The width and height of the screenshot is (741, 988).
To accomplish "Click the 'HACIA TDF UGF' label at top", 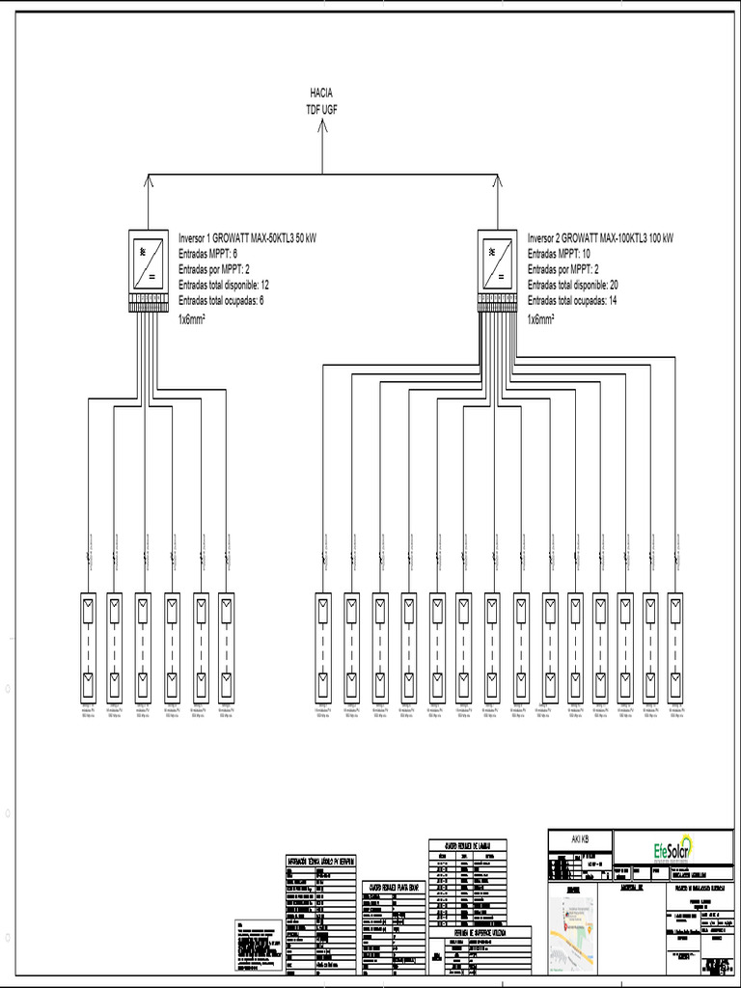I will [321, 100].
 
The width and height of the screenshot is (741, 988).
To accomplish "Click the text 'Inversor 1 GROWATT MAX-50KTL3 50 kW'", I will [247, 237].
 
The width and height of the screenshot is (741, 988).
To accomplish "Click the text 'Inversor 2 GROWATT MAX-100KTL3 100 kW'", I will [600, 237].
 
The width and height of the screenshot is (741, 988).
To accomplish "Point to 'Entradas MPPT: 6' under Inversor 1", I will [207, 253].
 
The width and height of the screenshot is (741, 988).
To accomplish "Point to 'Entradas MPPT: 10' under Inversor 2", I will [559, 253].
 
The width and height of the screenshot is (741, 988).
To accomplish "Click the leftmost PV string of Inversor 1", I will [87, 646].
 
